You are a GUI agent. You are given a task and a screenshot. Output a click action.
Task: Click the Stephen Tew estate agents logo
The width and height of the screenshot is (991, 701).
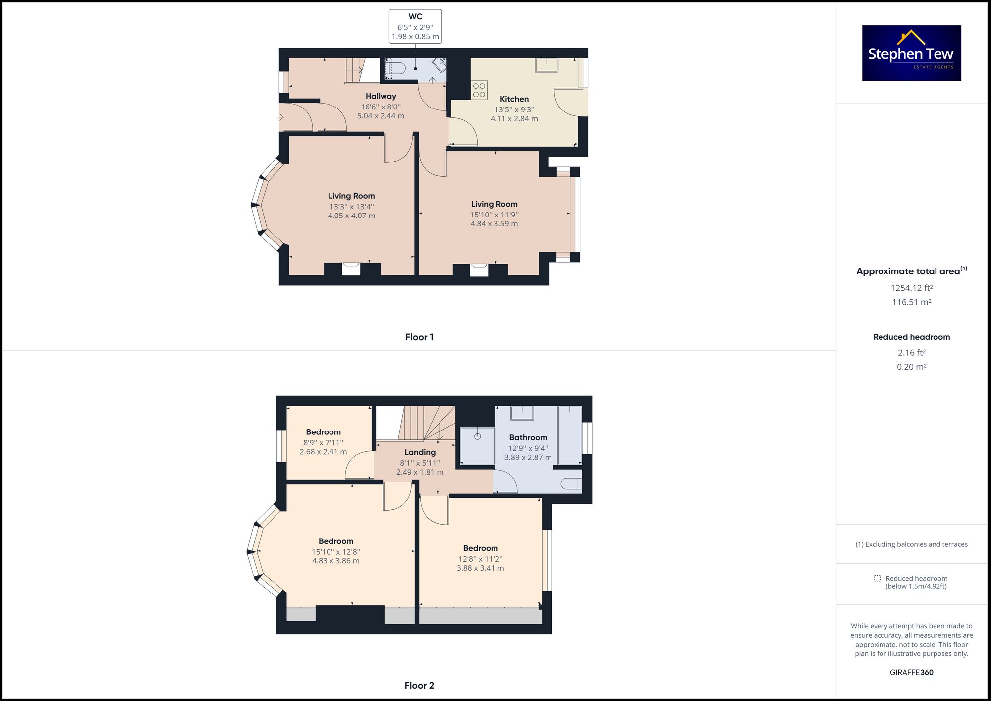(x=911, y=53)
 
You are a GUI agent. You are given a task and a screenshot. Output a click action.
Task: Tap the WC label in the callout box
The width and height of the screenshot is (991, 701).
(x=415, y=17)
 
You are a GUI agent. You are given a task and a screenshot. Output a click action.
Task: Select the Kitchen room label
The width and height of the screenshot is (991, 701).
(x=514, y=99)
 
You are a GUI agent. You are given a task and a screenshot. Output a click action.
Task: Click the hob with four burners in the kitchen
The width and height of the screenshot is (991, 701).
(x=479, y=90)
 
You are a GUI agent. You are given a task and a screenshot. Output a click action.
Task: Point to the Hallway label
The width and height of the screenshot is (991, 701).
(x=381, y=96)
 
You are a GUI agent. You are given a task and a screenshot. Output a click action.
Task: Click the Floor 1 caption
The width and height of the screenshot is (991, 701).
(x=419, y=337)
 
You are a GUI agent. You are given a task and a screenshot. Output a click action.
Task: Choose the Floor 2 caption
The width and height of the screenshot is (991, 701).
(x=419, y=686)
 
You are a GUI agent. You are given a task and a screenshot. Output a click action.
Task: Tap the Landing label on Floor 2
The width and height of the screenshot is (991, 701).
(x=420, y=452)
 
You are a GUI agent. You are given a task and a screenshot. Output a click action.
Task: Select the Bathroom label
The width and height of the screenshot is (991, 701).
(x=528, y=437)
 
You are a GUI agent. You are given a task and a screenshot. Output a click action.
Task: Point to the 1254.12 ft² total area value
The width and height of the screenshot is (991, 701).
(x=911, y=288)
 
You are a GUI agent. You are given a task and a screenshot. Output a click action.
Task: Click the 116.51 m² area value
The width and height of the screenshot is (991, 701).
(x=911, y=302)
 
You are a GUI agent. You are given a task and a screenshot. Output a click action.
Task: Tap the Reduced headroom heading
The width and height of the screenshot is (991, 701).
(x=911, y=337)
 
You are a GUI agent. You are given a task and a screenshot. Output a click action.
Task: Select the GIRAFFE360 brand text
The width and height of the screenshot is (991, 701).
(x=911, y=672)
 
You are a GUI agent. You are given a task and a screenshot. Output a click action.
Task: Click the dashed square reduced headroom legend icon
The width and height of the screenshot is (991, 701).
(x=877, y=578)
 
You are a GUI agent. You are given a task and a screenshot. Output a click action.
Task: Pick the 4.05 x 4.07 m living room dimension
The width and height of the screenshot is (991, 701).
(x=351, y=216)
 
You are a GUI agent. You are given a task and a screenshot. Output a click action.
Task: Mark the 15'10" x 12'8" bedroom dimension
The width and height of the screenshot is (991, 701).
(x=335, y=552)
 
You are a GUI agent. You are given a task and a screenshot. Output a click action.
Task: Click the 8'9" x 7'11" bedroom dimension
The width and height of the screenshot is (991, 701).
(x=323, y=443)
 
